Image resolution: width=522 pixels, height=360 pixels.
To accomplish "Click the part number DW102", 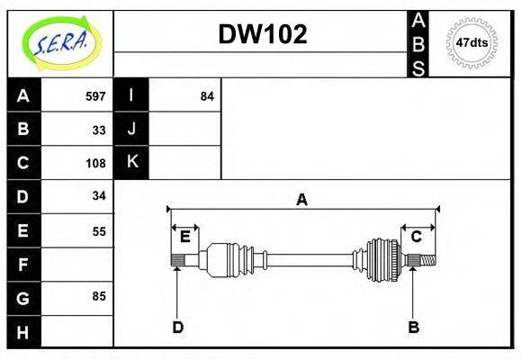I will pyautogui.click(x=263, y=34).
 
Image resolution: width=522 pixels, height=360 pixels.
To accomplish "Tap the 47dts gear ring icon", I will pyautogui.click(x=472, y=42).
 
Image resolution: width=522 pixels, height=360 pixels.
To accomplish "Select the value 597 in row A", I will pyautogui.click(x=95, y=96).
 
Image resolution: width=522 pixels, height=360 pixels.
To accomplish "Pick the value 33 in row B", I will pyautogui.click(x=99, y=130).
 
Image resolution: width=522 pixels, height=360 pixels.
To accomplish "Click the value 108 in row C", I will pyautogui.click(x=95, y=163).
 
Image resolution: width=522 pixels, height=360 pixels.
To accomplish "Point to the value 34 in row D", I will pyautogui.click(x=99, y=195).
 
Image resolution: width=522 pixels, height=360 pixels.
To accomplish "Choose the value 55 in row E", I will pyautogui.click(x=99, y=230).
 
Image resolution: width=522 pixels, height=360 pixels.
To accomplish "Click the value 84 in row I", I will pyautogui.click(x=207, y=96).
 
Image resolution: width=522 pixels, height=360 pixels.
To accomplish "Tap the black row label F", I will pyautogui.click(x=23, y=265).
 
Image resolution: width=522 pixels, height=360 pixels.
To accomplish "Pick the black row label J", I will pyautogui.click(x=131, y=130).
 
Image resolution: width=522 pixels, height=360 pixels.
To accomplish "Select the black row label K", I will pyautogui.click(x=131, y=163).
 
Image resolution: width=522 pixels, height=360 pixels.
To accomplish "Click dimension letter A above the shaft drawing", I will pyautogui.click(x=302, y=200).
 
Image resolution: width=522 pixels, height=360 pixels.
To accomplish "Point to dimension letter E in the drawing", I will pyautogui.click(x=184, y=237).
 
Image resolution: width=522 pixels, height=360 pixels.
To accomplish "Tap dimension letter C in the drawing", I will pyautogui.click(x=417, y=237).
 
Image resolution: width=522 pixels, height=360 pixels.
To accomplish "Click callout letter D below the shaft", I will pyautogui.click(x=178, y=328).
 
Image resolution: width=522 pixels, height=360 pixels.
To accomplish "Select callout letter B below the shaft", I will pyautogui.click(x=413, y=328).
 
